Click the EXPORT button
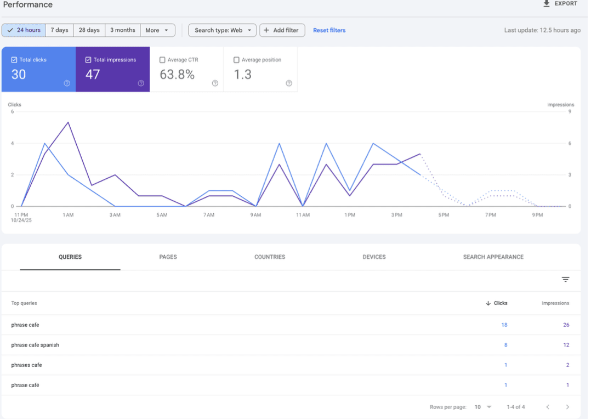pos(560,4)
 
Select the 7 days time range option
pos(60,30)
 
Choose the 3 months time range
pos(122,30)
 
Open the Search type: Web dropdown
pos(222,30)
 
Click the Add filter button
pos(282,30)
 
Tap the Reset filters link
pos(329,30)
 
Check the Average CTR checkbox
pos(162,60)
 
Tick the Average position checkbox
pos(236,60)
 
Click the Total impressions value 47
pos(93,75)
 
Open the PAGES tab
pos(168,257)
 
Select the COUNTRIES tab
pos(270,257)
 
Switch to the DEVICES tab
pos(374,257)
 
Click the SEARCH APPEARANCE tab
pos(493,257)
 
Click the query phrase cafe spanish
pos(35,345)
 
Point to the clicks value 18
pos(504,325)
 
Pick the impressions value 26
pos(566,325)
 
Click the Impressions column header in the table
pos(555,303)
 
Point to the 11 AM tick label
pos(303,215)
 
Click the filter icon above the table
pos(565,280)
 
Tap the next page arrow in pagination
pos(567,407)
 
